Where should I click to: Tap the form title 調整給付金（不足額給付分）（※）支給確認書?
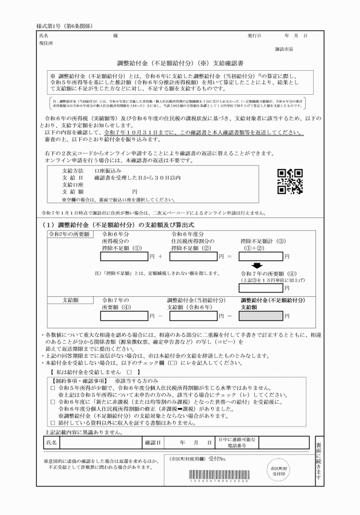click(180, 62)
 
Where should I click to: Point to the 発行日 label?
click(254, 35)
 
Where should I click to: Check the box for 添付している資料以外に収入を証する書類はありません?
click(52, 424)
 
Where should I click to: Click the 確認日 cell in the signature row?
click(153, 442)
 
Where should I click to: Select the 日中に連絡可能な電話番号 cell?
click(238, 442)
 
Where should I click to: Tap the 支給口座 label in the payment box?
click(73, 185)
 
